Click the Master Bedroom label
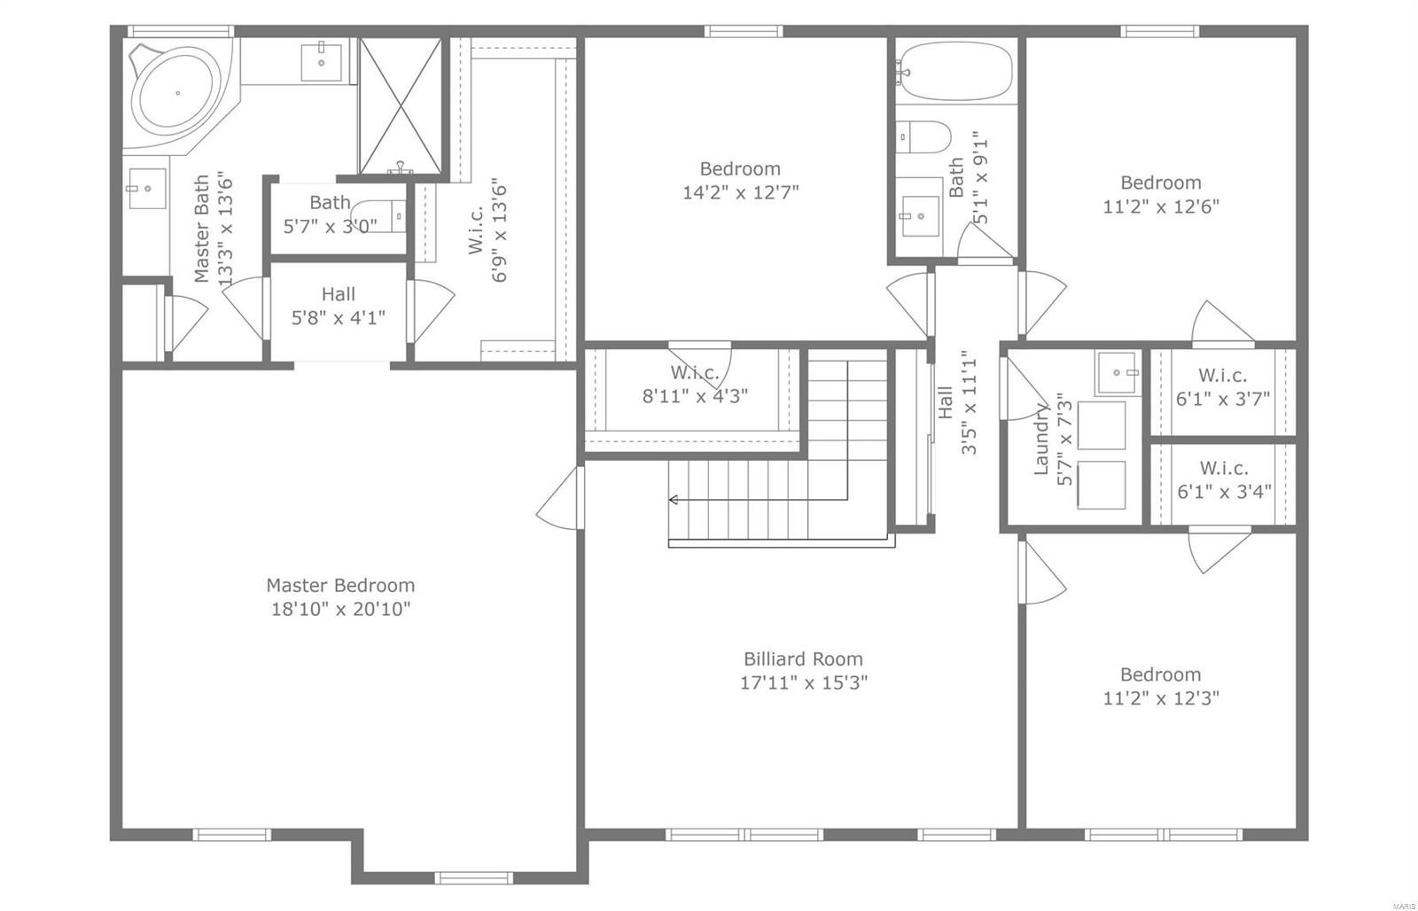[340, 585]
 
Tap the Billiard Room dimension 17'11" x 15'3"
[803, 682]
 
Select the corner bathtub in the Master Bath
[176, 93]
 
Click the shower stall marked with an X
[400, 105]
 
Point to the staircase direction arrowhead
[674, 500]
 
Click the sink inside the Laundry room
[1117, 373]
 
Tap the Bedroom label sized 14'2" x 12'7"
[740, 168]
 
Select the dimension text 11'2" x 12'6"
[1161, 206]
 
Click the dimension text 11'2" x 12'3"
[1161, 698]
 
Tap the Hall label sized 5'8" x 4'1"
[338, 294]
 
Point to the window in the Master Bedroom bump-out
[461, 877]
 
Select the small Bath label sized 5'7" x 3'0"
[330, 203]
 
